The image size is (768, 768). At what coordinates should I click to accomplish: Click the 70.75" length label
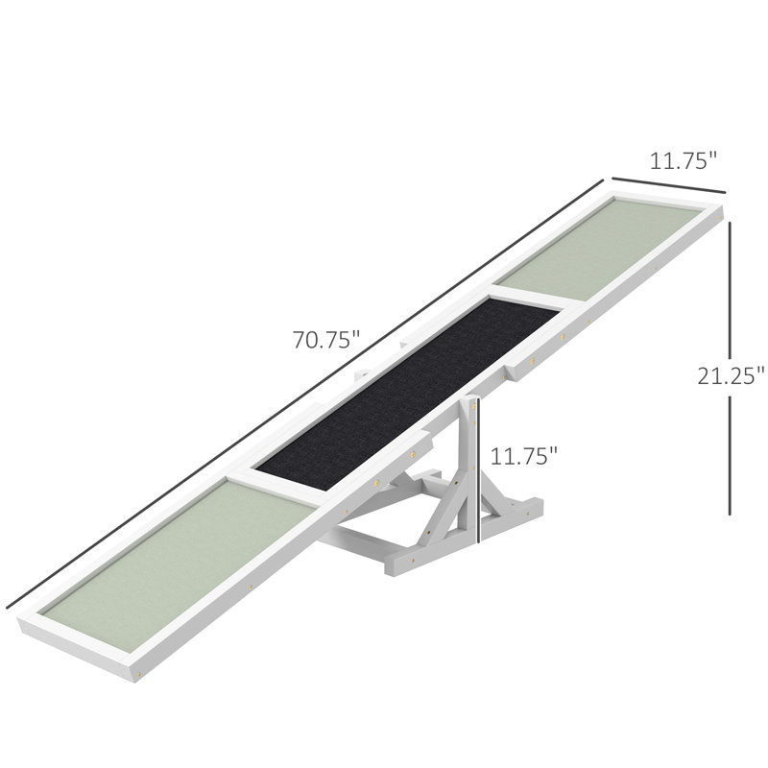326,340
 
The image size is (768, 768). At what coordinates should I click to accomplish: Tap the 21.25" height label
731,375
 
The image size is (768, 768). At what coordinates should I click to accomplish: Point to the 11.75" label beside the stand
523,456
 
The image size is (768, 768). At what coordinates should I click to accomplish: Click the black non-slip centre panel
407,395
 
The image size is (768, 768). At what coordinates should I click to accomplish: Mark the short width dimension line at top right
668,185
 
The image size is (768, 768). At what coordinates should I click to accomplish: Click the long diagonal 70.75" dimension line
304,395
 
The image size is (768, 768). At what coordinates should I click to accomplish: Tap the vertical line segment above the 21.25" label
730,290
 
